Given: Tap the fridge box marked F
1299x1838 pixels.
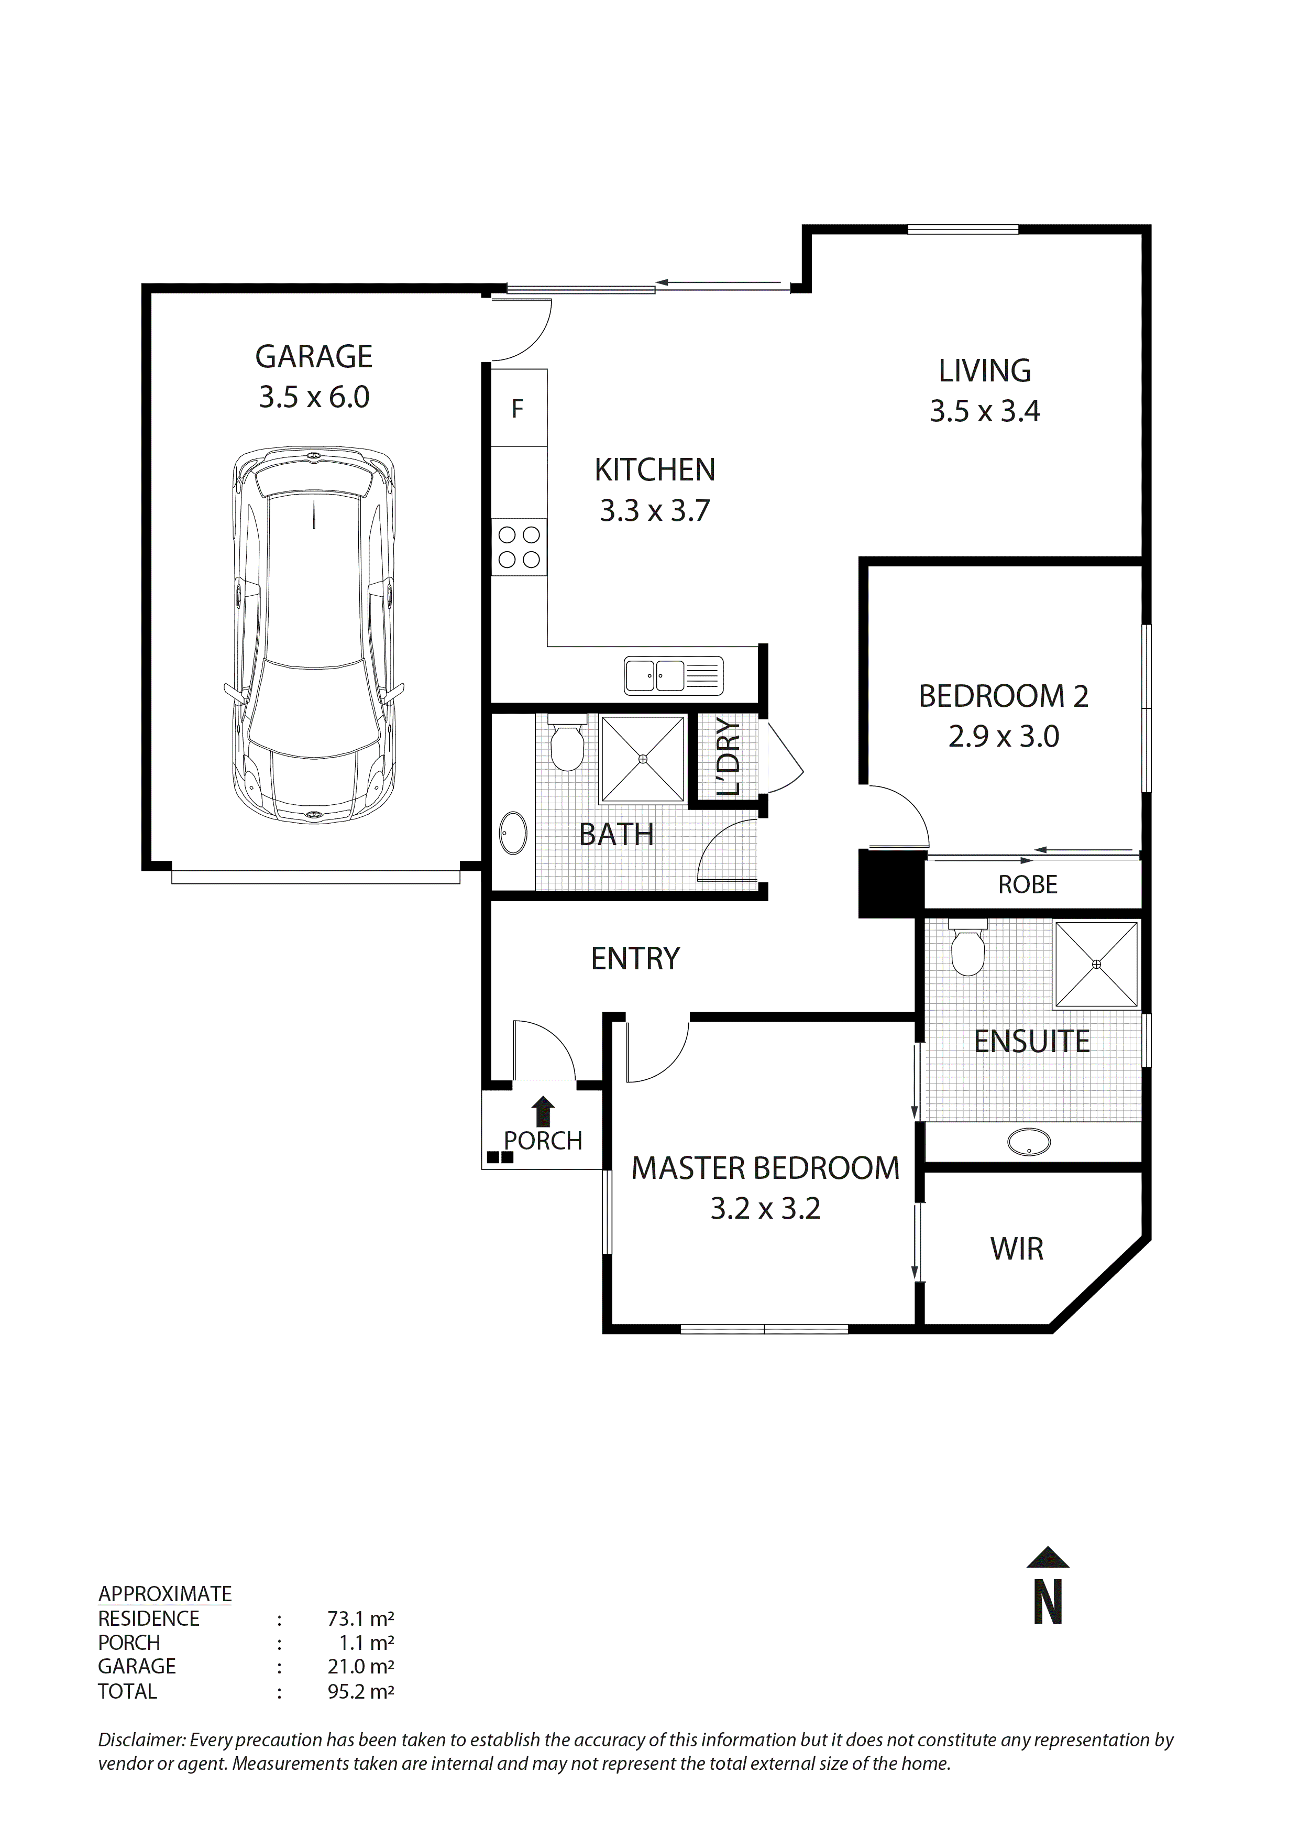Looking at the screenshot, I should tap(518, 409).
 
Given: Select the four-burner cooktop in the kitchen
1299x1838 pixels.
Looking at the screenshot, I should tap(519, 547).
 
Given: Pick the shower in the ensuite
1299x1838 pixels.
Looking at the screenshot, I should tap(1096, 964).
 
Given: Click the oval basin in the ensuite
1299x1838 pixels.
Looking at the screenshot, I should tap(1029, 1142).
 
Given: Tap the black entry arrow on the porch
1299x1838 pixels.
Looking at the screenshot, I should tap(544, 1112).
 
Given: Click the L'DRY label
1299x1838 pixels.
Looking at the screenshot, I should tap(729, 757).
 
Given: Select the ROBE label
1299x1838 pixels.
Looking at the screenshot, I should tap(1028, 884).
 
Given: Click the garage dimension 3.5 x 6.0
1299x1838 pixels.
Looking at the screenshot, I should tap(314, 397).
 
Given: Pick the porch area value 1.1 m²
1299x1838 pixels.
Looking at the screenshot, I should tap(367, 1643).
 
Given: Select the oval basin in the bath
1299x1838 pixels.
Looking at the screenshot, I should tap(512, 834).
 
